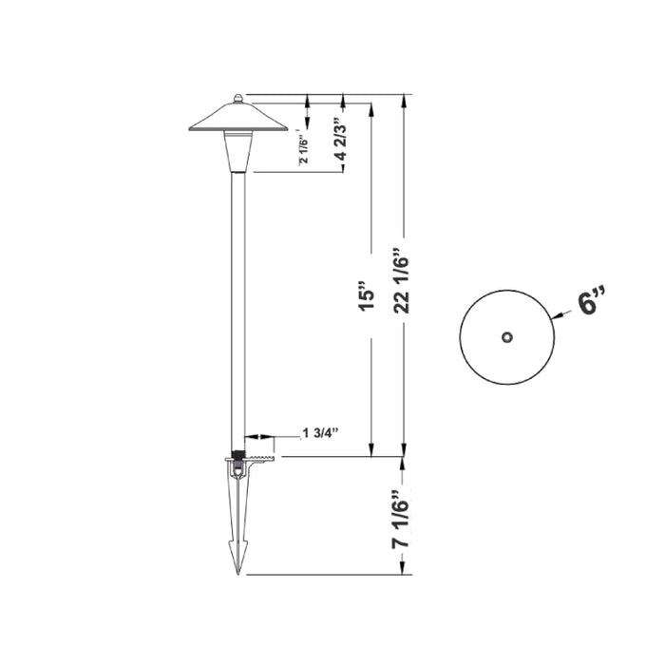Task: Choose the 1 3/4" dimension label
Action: (x=320, y=432)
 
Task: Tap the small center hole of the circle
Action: (x=507, y=335)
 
